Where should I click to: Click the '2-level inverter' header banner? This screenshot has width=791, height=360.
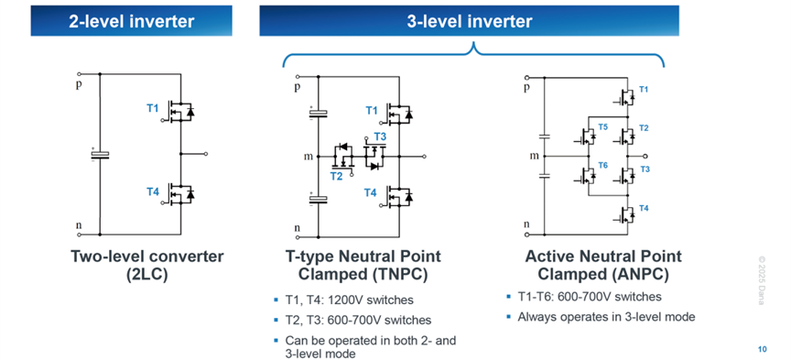point(131,21)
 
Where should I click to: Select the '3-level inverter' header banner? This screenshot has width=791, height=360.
point(469,21)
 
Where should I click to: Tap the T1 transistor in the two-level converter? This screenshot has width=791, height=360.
point(180,112)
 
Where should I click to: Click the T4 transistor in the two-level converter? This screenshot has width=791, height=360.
point(180,193)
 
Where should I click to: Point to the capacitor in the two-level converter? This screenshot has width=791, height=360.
point(100,154)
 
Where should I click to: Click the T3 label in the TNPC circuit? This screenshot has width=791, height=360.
point(380,136)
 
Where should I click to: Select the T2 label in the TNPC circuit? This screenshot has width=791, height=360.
point(337,176)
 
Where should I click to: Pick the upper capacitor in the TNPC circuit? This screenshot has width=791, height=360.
point(319,113)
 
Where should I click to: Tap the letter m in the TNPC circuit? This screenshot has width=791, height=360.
point(308,157)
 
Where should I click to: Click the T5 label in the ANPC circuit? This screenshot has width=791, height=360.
point(602,126)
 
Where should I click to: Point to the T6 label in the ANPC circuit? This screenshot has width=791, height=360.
point(602,165)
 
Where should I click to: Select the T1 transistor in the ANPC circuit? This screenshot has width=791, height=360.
point(624,97)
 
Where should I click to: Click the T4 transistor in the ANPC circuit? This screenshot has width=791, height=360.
point(624,214)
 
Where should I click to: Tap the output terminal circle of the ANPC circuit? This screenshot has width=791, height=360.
point(645,157)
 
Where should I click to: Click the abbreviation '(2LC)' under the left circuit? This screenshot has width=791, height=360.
point(146,275)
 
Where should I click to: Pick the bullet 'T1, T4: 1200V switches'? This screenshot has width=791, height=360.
point(343,300)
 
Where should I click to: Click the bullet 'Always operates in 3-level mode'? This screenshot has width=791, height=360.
point(601,317)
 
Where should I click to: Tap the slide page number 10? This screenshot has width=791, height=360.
point(763,349)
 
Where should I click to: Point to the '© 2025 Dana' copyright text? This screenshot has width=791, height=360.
point(761,280)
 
